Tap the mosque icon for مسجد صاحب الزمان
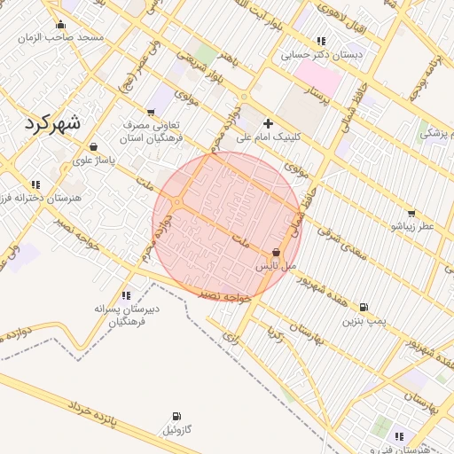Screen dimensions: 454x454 click(x=60, y=24)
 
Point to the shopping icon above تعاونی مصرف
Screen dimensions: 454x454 click(x=150, y=112)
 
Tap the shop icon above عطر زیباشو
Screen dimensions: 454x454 click(x=411, y=213)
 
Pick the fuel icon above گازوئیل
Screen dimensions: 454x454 click(x=176, y=416)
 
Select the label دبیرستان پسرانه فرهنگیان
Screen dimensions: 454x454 click(x=126, y=315)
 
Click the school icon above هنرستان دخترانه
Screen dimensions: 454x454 click(x=35, y=184)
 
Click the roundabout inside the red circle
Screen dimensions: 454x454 click(x=177, y=203)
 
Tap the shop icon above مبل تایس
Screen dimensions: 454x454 click(x=276, y=253)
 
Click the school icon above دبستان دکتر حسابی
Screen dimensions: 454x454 click(x=320, y=41)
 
